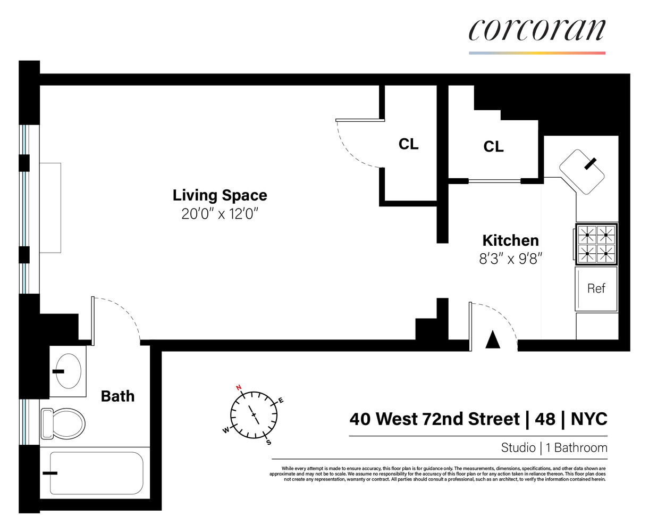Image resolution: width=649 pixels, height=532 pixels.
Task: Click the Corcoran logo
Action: (537, 30)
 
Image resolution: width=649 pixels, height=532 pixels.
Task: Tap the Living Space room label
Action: (220, 195)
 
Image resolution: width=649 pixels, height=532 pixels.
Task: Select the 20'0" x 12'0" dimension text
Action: (220, 214)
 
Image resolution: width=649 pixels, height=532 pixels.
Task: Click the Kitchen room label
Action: (510, 240)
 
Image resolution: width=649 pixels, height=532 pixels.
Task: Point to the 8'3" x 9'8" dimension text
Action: (510, 259)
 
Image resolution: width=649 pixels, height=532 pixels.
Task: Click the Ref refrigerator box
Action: (596, 288)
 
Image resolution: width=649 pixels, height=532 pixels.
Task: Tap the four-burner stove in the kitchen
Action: (596, 244)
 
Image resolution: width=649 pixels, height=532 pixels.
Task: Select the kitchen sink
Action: (583, 171)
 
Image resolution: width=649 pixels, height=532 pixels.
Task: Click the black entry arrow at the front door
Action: (493, 339)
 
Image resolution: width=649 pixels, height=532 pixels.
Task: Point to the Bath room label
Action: (117, 396)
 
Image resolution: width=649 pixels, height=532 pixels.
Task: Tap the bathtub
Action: (96, 473)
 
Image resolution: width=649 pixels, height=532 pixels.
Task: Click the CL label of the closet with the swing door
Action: (408, 144)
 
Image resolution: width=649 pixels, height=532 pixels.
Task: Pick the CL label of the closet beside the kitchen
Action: (493, 147)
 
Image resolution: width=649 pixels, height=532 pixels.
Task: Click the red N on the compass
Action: (239, 387)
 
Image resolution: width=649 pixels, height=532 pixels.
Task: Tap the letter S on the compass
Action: (268, 442)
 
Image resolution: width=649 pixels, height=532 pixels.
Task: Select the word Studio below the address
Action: (518, 448)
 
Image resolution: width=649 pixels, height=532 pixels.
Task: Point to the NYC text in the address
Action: (589, 419)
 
